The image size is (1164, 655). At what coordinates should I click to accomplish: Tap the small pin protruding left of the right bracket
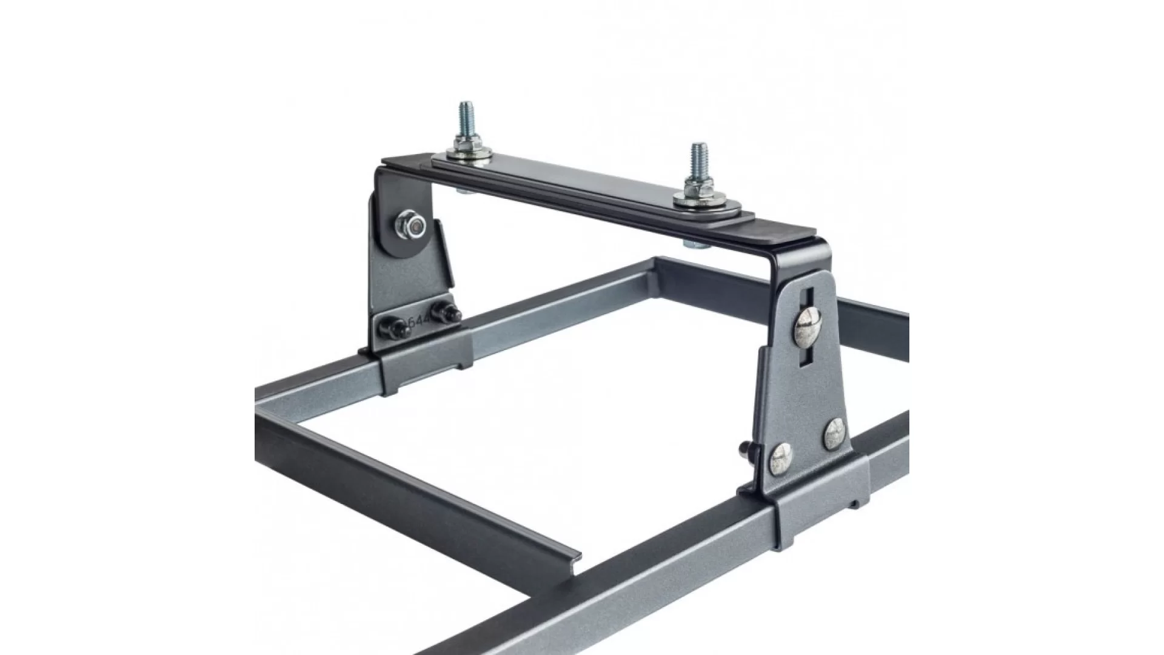744,450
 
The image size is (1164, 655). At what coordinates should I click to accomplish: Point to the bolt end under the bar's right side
692,244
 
